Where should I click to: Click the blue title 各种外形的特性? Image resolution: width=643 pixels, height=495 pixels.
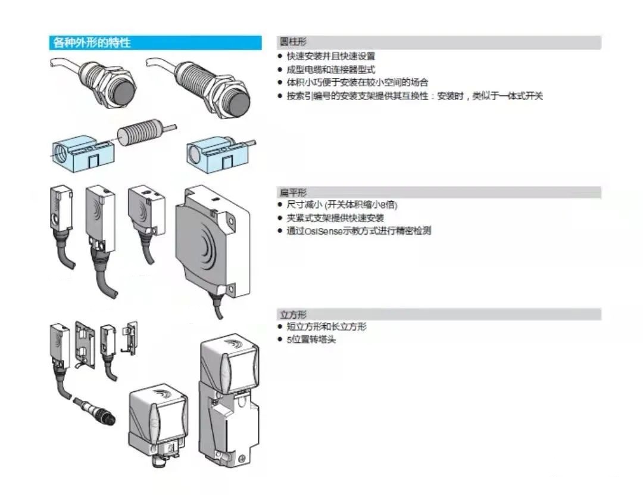pos(92,43)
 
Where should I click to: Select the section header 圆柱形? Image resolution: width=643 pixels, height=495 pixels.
pos(293,42)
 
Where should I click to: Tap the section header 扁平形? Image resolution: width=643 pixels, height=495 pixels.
pos(293,192)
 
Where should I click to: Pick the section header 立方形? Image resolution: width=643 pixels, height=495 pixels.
pos(293,314)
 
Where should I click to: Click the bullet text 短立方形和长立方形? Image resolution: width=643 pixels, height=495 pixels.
pos(327,327)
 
